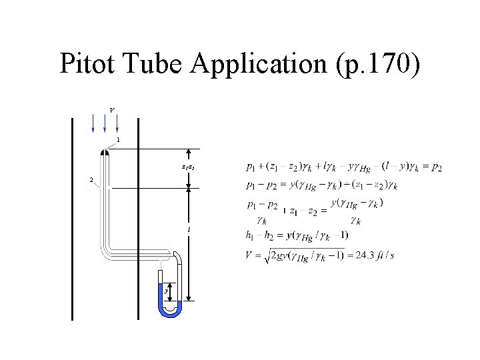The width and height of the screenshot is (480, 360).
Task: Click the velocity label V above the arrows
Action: (111, 109)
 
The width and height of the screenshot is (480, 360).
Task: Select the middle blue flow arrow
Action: (105, 123)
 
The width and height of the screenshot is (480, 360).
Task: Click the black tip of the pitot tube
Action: (105, 153)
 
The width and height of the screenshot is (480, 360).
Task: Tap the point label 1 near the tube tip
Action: (118, 140)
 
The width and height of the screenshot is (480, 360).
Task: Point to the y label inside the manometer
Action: (166, 291)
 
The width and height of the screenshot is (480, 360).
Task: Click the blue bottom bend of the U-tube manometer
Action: (171, 311)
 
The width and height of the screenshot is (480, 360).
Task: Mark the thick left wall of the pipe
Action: (72, 220)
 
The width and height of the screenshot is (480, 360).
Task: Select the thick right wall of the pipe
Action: (138, 220)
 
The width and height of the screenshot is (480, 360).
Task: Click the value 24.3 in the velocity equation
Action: (365, 256)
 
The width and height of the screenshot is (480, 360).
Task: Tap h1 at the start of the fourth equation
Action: (251, 235)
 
